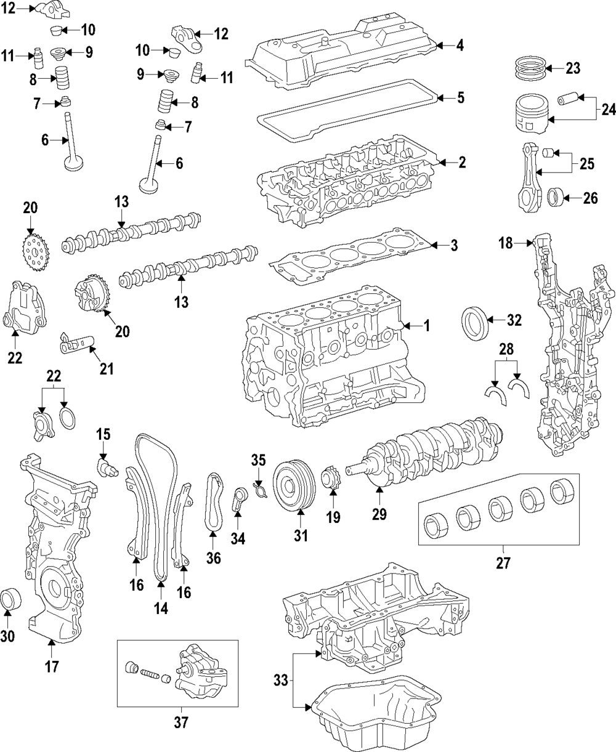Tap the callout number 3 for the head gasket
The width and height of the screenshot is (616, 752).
[x=454, y=246]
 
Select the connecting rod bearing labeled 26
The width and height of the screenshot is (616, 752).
[x=556, y=198]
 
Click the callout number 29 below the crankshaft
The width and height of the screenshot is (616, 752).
[x=379, y=513]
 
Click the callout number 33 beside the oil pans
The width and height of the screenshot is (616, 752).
[x=281, y=680]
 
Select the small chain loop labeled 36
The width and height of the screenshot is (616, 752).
[x=213, y=502]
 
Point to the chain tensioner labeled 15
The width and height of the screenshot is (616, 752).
[x=105, y=467]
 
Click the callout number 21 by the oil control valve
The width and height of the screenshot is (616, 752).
[x=107, y=368]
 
